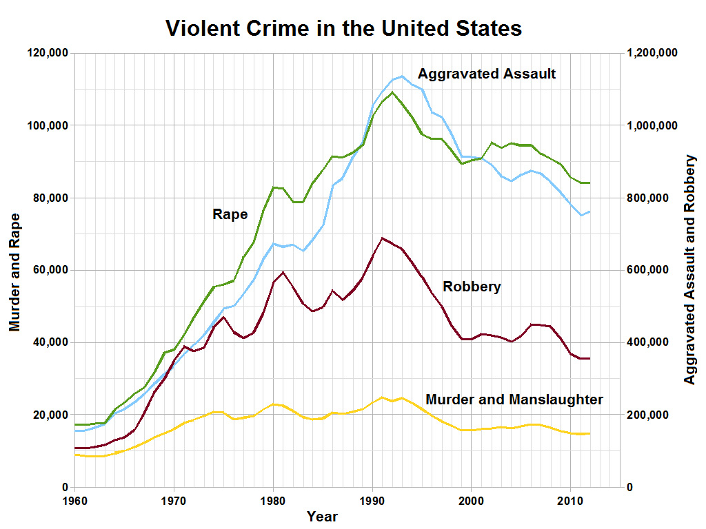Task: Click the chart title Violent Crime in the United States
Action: coord(343,29)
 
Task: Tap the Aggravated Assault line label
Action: coord(487,74)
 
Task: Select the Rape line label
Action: coord(230,214)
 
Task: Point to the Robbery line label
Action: coord(472,287)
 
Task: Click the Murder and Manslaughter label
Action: coord(514,400)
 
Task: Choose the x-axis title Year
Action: coord(323,516)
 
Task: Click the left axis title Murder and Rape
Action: coord(14,272)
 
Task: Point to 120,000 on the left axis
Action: coord(48,53)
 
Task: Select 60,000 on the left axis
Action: coord(51,270)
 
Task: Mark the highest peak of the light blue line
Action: coord(402,76)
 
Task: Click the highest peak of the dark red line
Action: coord(383,238)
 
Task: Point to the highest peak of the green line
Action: coord(392,92)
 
